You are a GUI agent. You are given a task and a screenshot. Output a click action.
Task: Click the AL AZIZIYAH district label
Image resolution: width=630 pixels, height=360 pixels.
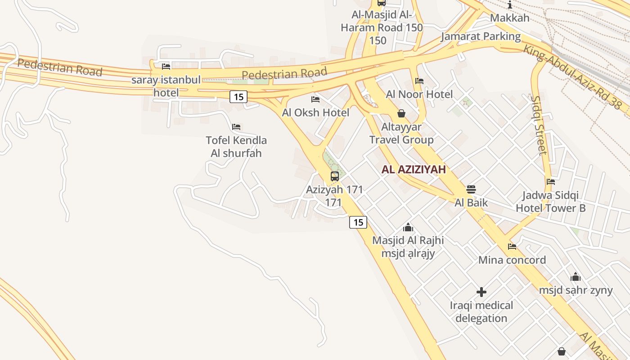[414, 170]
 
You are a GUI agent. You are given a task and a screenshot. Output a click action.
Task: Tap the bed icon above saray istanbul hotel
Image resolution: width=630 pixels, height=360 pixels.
[166, 67]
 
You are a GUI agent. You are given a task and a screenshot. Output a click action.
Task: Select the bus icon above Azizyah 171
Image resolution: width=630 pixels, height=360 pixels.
[335, 176]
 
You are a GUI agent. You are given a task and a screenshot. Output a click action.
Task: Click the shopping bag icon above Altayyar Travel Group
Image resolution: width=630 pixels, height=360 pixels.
[401, 113]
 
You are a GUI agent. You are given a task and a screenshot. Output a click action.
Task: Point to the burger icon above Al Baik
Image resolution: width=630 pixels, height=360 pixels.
[471, 189]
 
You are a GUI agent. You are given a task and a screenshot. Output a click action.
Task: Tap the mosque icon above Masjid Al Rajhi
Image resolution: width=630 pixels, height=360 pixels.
[408, 227]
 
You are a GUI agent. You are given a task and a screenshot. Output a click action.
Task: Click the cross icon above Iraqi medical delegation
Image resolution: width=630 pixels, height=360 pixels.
[481, 292]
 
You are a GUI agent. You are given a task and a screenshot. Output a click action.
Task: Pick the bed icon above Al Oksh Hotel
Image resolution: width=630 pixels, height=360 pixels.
[315, 99]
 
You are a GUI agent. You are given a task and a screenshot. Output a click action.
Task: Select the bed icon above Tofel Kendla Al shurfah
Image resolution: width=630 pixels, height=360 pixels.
[236, 127]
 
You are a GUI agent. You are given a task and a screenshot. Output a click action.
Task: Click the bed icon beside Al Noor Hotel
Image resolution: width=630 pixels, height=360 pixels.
[419, 81]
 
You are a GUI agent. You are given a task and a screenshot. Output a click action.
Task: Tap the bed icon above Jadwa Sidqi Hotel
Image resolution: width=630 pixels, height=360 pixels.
[551, 182]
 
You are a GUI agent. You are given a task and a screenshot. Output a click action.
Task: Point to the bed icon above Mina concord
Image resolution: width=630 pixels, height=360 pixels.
[512, 247]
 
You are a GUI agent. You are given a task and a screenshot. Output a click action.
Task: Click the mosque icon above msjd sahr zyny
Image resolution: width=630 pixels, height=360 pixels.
[576, 277]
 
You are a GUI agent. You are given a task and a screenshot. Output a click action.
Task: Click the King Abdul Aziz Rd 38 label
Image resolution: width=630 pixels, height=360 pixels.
[572, 76]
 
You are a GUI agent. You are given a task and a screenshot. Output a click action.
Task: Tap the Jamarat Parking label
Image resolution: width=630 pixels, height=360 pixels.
[481, 36]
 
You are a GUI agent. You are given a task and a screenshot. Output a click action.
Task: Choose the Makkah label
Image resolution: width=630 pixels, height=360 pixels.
[509, 18]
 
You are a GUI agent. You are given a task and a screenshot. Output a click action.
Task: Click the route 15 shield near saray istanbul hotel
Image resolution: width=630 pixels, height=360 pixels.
[238, 96]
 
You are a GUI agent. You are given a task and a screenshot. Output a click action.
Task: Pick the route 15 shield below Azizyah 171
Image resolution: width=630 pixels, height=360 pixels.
[358, 222]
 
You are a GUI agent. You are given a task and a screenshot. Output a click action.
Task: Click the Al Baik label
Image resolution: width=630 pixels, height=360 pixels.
[471, 202]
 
